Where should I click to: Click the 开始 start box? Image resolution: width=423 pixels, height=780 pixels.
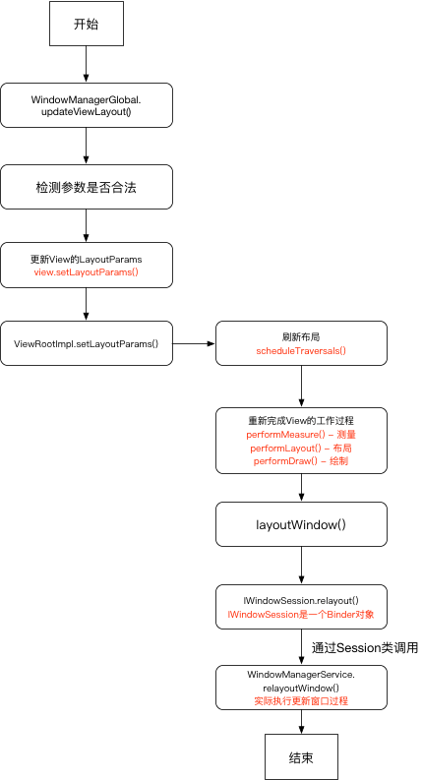pos(87,24)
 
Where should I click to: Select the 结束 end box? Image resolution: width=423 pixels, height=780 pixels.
pos(301,757)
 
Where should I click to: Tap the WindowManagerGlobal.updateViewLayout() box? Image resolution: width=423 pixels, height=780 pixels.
pos(87,105)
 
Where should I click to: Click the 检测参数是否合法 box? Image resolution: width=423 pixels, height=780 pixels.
pos(87,186)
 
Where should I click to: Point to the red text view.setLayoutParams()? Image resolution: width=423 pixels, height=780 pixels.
pos(87,272)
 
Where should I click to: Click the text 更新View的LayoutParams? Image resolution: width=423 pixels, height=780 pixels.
pos(87,259)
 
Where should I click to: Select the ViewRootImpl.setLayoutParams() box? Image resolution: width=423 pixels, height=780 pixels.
pos(87,344)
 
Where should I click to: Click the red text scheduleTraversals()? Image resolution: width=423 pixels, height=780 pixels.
pos(301,351)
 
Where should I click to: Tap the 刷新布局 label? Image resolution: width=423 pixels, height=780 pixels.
pos(301,336)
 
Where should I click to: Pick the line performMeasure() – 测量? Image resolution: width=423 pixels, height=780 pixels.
pos(301,434)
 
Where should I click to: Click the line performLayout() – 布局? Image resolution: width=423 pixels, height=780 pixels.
pos(301,448)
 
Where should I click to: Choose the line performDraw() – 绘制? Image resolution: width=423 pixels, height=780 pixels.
pos(301,460)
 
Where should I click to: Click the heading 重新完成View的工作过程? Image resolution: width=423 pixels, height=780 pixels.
pos(301,420)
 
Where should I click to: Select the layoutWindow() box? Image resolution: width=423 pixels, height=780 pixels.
pos(301,524)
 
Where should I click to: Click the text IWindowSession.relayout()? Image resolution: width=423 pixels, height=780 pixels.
pos(301,600)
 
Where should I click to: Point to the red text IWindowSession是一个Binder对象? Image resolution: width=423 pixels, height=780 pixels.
pos(301,615)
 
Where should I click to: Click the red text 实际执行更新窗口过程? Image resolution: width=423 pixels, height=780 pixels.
pos(301,701)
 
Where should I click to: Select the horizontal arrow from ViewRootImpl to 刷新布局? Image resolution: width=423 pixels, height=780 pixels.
pos(194,344)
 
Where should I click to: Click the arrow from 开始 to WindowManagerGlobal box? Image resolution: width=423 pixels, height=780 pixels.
pos(87,64)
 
